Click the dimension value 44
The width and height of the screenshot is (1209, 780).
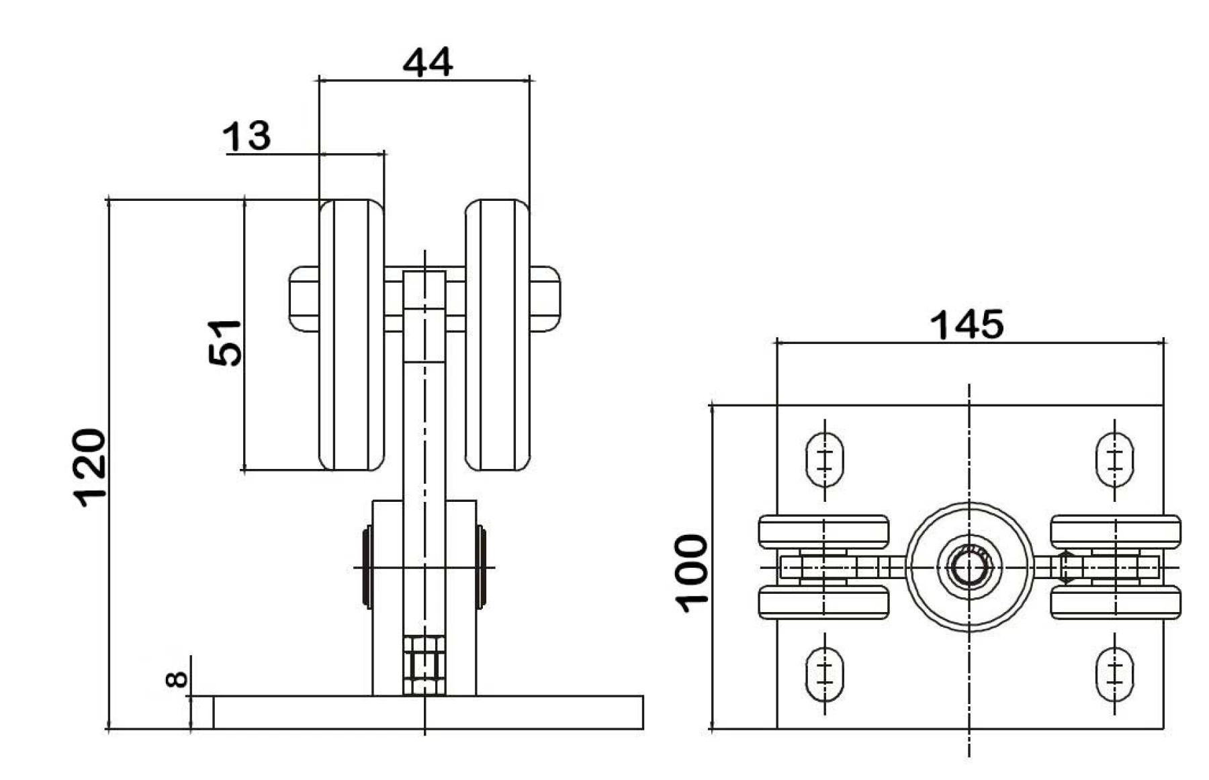pos(428,62)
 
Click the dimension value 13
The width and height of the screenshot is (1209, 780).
pos(247,136)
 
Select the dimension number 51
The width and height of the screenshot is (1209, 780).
pos(225,343)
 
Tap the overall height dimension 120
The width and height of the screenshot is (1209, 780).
pos(90,467)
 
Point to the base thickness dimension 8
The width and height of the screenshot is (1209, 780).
pos(177,679)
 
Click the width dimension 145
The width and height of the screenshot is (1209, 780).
pos(967,325)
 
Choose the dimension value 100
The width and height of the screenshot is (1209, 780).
pos(692,573)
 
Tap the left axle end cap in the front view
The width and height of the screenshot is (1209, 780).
pos(304,299)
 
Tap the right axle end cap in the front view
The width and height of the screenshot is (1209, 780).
pos(545,299)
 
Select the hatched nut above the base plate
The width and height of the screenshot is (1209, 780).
pos(424,665)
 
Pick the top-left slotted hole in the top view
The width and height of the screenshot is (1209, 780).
pos(824,460)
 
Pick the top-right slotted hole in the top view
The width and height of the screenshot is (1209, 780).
pos(1114,460)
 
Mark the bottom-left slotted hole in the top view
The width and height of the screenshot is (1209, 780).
pos(824,674)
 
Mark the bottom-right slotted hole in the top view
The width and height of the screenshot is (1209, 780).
pos(1114,674)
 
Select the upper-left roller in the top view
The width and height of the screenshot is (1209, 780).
pos(823,531)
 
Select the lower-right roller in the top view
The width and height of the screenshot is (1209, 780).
pos(1115,603)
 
